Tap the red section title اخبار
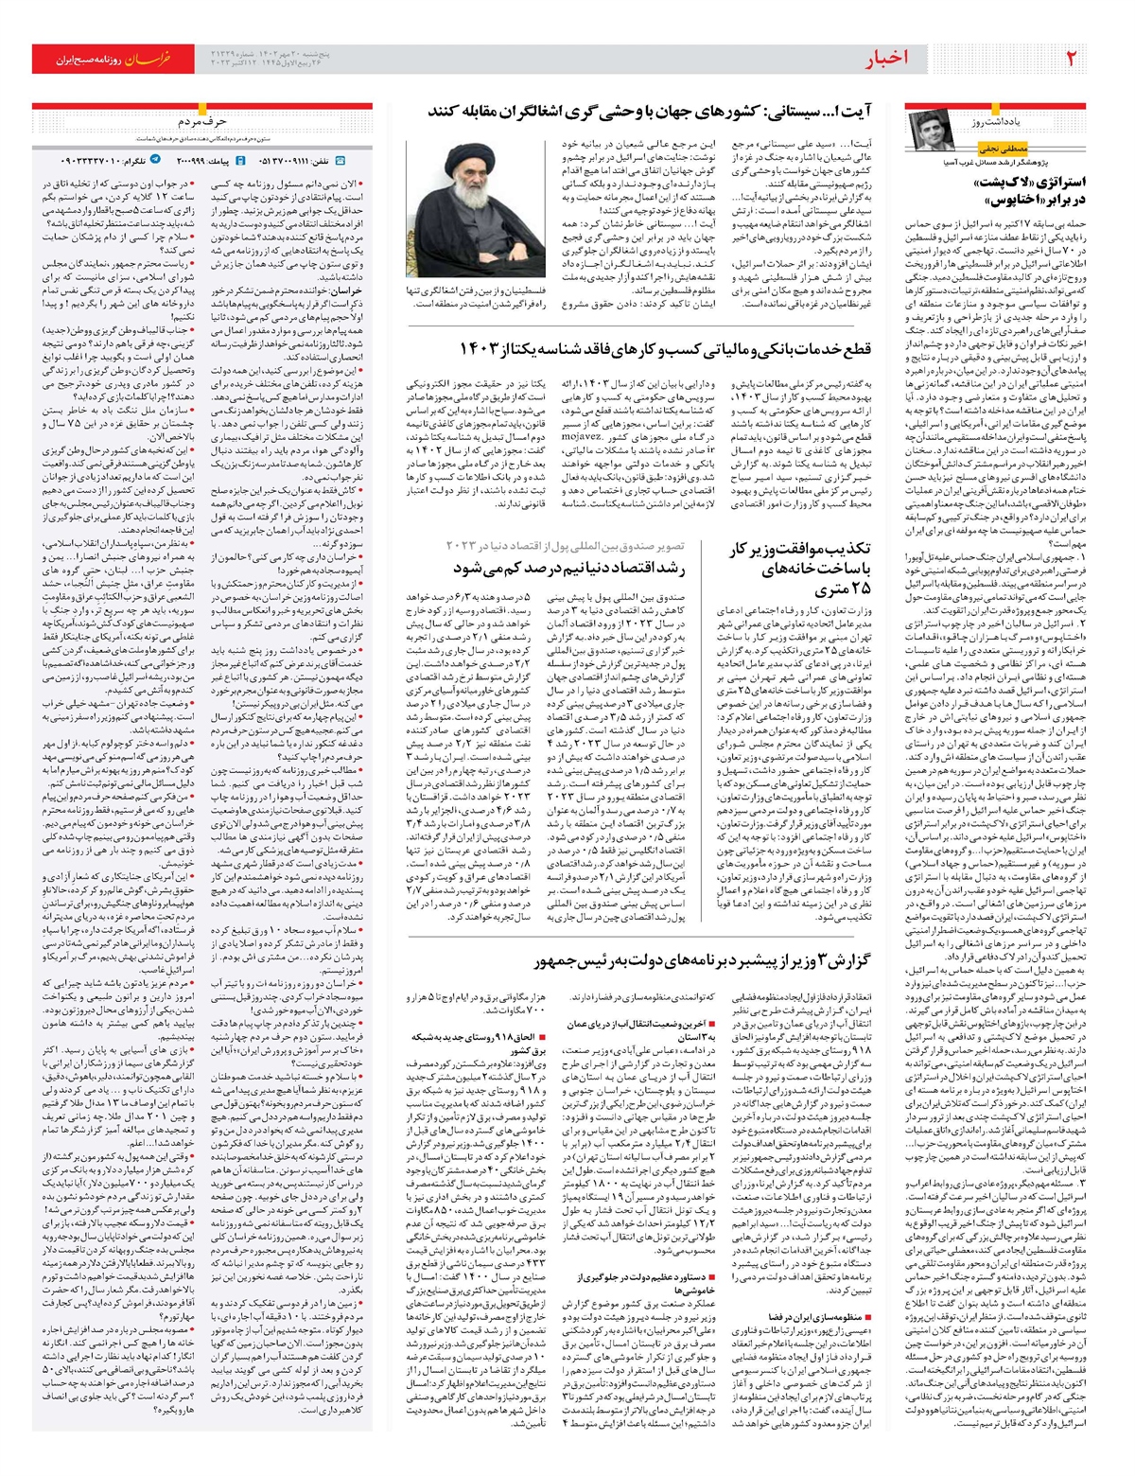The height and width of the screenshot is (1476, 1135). click(887, 59)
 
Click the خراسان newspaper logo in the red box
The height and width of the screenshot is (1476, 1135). click(148, 59)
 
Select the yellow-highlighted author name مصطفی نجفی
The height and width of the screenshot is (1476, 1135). click(1000, 149)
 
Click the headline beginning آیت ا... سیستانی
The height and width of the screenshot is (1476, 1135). click(651, 112)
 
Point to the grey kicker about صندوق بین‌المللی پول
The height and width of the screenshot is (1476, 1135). click(565, 546)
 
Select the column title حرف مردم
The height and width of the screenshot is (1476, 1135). click(201, 122)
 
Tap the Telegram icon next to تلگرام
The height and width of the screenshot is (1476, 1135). click(156, 161)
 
